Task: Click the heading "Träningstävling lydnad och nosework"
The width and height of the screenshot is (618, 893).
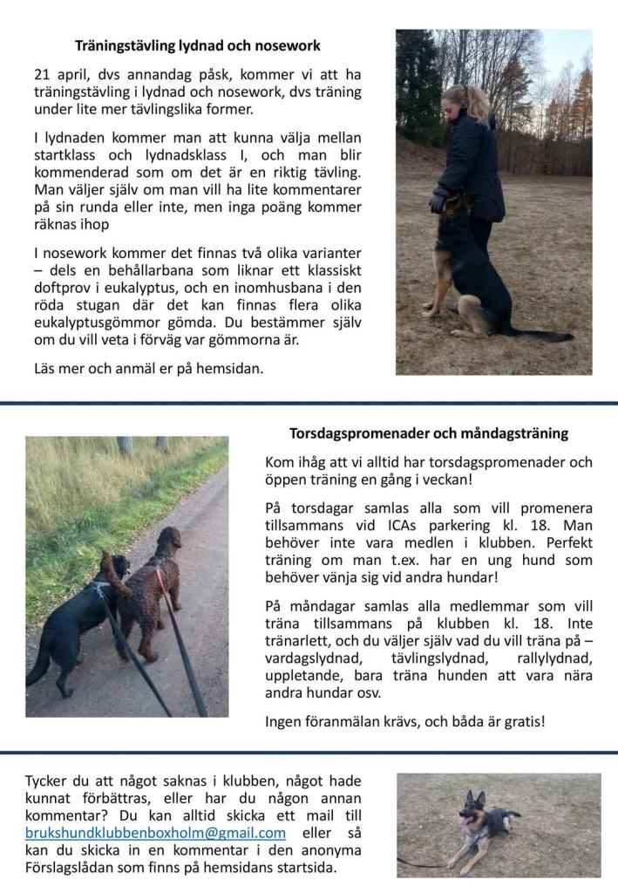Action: click(x=198, y=45)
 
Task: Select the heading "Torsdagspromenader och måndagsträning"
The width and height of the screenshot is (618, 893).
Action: click(x=429, y=433)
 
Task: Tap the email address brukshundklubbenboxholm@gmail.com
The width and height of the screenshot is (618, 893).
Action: click(x=155, y=833)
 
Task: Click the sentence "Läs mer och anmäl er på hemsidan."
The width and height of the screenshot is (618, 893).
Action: click(x=148, y=368)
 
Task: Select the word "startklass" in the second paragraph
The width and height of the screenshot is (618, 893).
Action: click(x=66, y=155)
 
